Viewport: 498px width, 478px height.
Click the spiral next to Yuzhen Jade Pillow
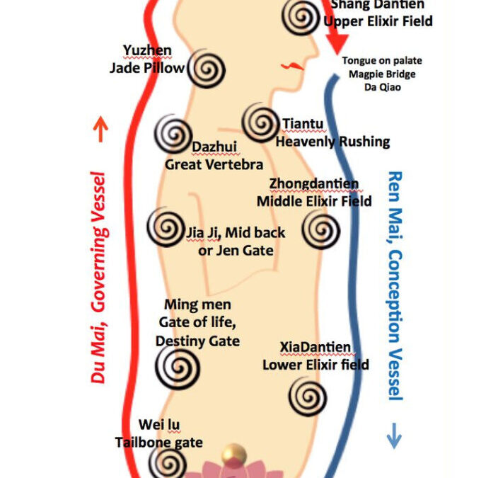(x=208, y=69)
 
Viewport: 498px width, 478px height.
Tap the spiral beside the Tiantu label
(x=260, y=123)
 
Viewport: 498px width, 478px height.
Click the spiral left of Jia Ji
(x=166, y=228)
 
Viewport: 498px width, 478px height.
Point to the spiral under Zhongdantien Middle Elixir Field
(x=320, y=229)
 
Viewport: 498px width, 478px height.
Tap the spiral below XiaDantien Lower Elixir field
(x=307, y=394)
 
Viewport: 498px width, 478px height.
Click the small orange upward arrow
(x=100, y=128)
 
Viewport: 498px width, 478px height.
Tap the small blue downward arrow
(x=394, y=439)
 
